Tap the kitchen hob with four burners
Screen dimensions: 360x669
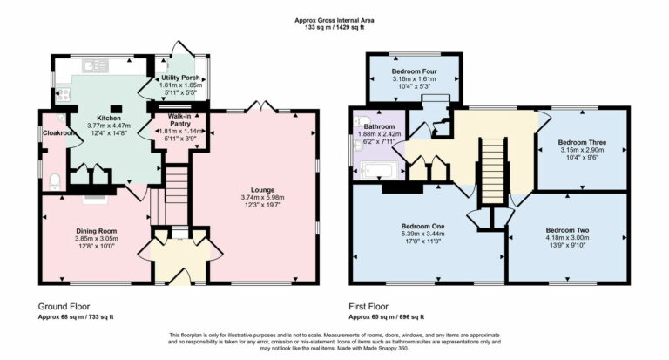tap(63, 93)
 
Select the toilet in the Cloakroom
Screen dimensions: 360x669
tap(54, 181)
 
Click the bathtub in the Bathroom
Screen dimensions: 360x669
tap(378, 170)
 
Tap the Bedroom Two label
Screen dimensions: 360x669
tap(567, 228)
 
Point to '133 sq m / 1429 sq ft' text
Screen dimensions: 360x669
tap(334, 27)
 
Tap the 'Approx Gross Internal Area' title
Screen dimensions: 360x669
tap(334, 19)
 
